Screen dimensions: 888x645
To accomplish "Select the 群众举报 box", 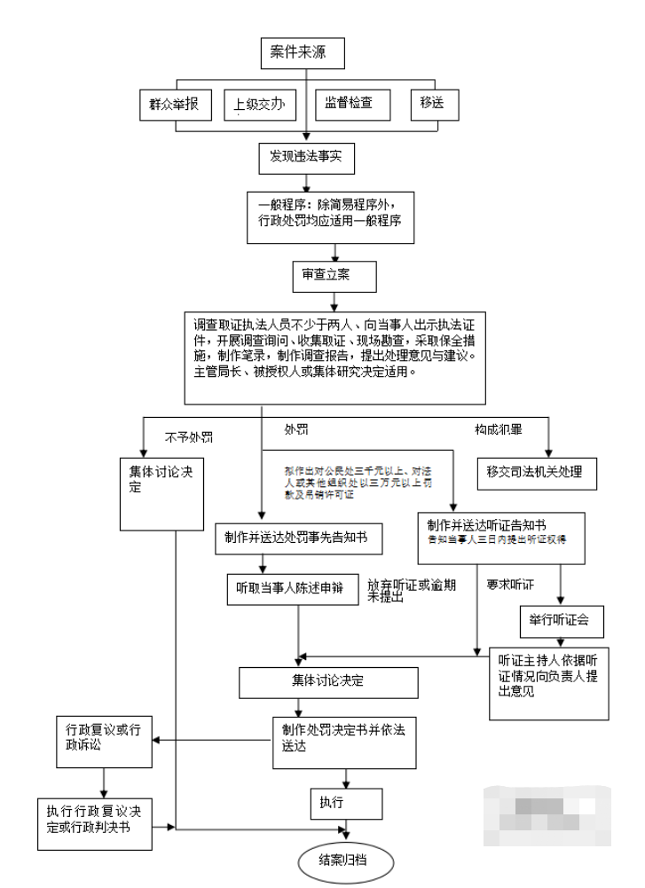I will [175, 106].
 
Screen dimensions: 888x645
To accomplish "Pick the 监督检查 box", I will [342, 106].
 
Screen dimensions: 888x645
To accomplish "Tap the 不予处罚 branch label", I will [189, 436].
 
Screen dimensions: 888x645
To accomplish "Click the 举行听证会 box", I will [561, 621].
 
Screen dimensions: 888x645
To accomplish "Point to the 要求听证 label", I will [510, 585].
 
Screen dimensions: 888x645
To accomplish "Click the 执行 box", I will [345, 803].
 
